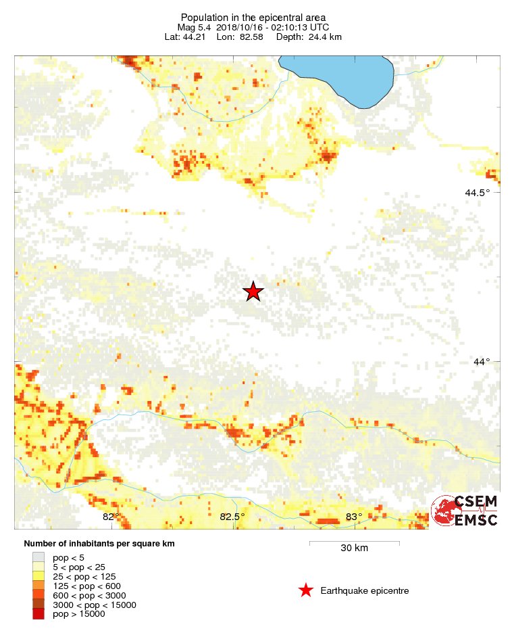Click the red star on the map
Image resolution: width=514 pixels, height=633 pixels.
[253, 291]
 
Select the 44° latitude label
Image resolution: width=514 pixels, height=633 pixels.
[482, 362]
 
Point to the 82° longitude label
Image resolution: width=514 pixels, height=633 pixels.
[111, 517]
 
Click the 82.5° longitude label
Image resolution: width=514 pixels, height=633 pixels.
[232, 517]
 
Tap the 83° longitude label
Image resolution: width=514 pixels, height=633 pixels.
[353, 517]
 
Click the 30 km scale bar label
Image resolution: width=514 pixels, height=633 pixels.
[354, 548]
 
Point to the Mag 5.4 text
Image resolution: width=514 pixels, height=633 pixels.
[195, 27]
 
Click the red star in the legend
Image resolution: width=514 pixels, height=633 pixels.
[306, 590]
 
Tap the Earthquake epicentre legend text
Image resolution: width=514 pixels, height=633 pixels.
[365, 590]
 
